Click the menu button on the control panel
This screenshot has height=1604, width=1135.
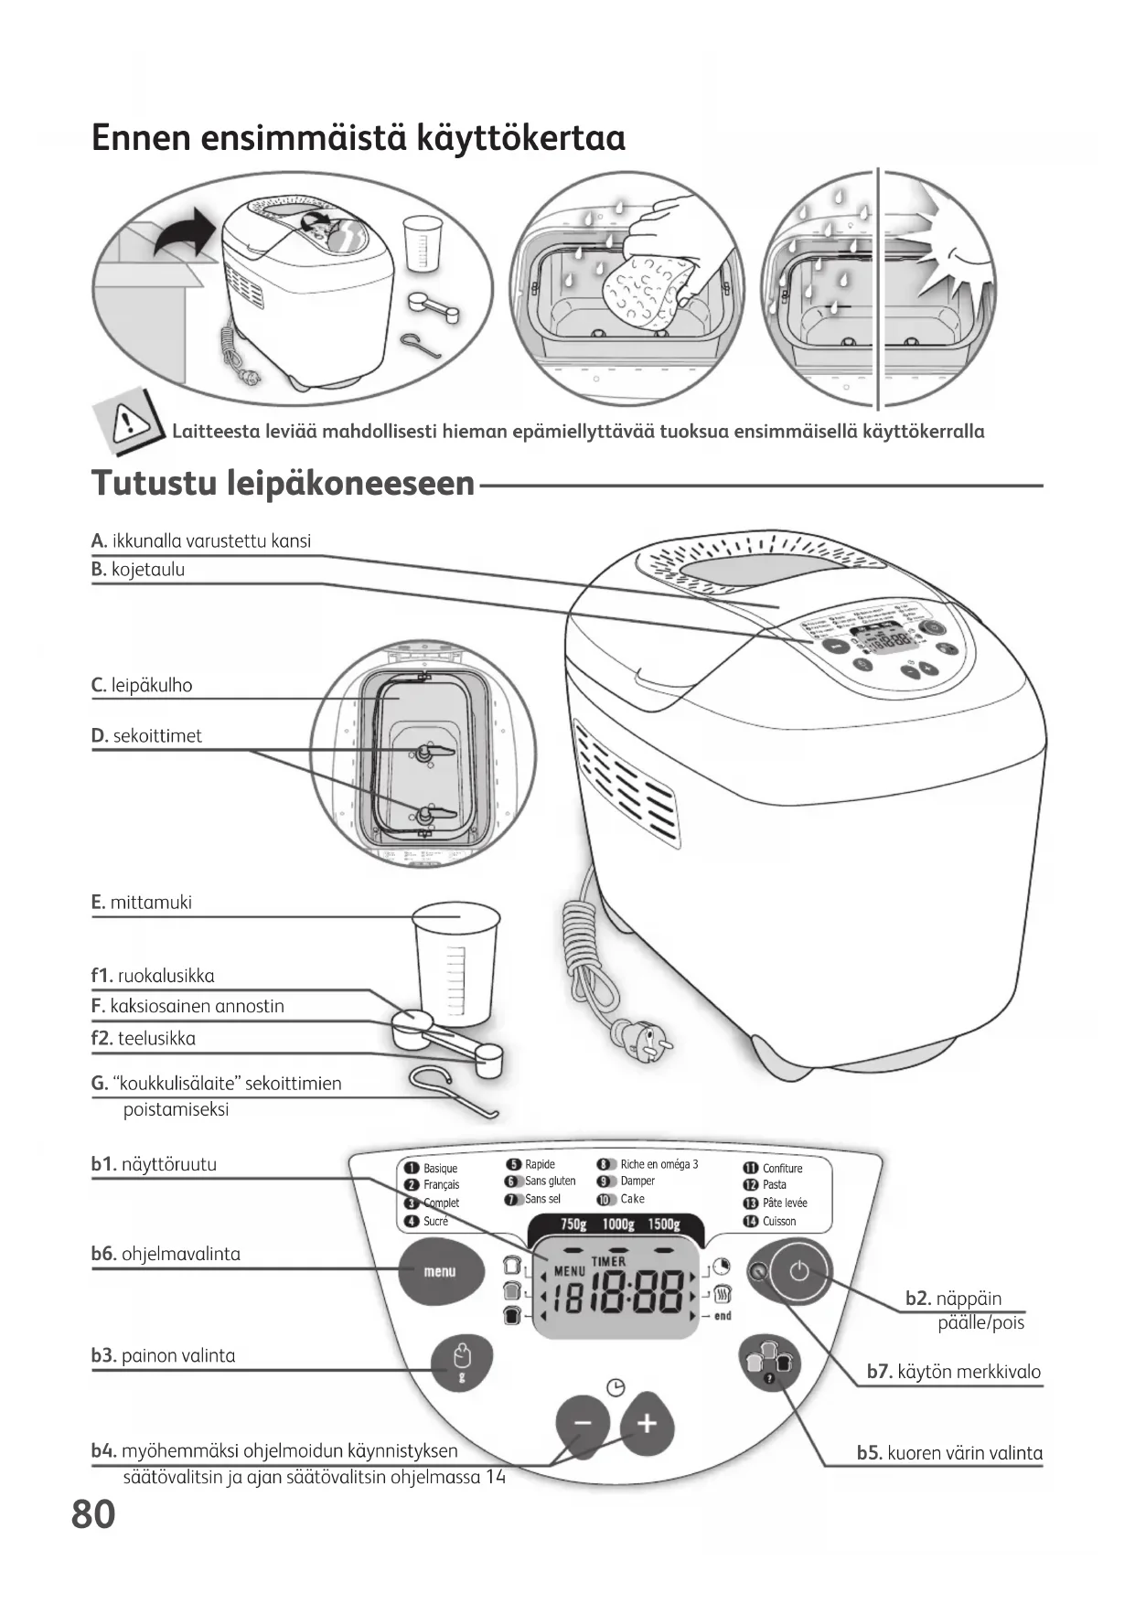[440, 1271]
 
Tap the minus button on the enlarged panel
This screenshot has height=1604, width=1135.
[583, 1423]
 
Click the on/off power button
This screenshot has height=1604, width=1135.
[799, 1271]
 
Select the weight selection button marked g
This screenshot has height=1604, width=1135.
[462, 1363]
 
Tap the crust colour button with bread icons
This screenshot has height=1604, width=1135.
[768, 1364]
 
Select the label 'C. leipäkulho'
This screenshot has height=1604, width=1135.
[142, 686]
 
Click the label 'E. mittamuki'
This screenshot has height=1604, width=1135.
[142, 903]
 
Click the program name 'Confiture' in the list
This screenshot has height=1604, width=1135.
[782, 1168]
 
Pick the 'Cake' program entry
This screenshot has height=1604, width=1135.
[632, 1199]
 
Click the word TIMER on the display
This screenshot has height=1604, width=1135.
[609, 1261]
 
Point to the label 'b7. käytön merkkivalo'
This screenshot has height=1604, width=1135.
[953, 1372]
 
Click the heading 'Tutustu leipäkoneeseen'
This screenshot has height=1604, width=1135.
[284, 483]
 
